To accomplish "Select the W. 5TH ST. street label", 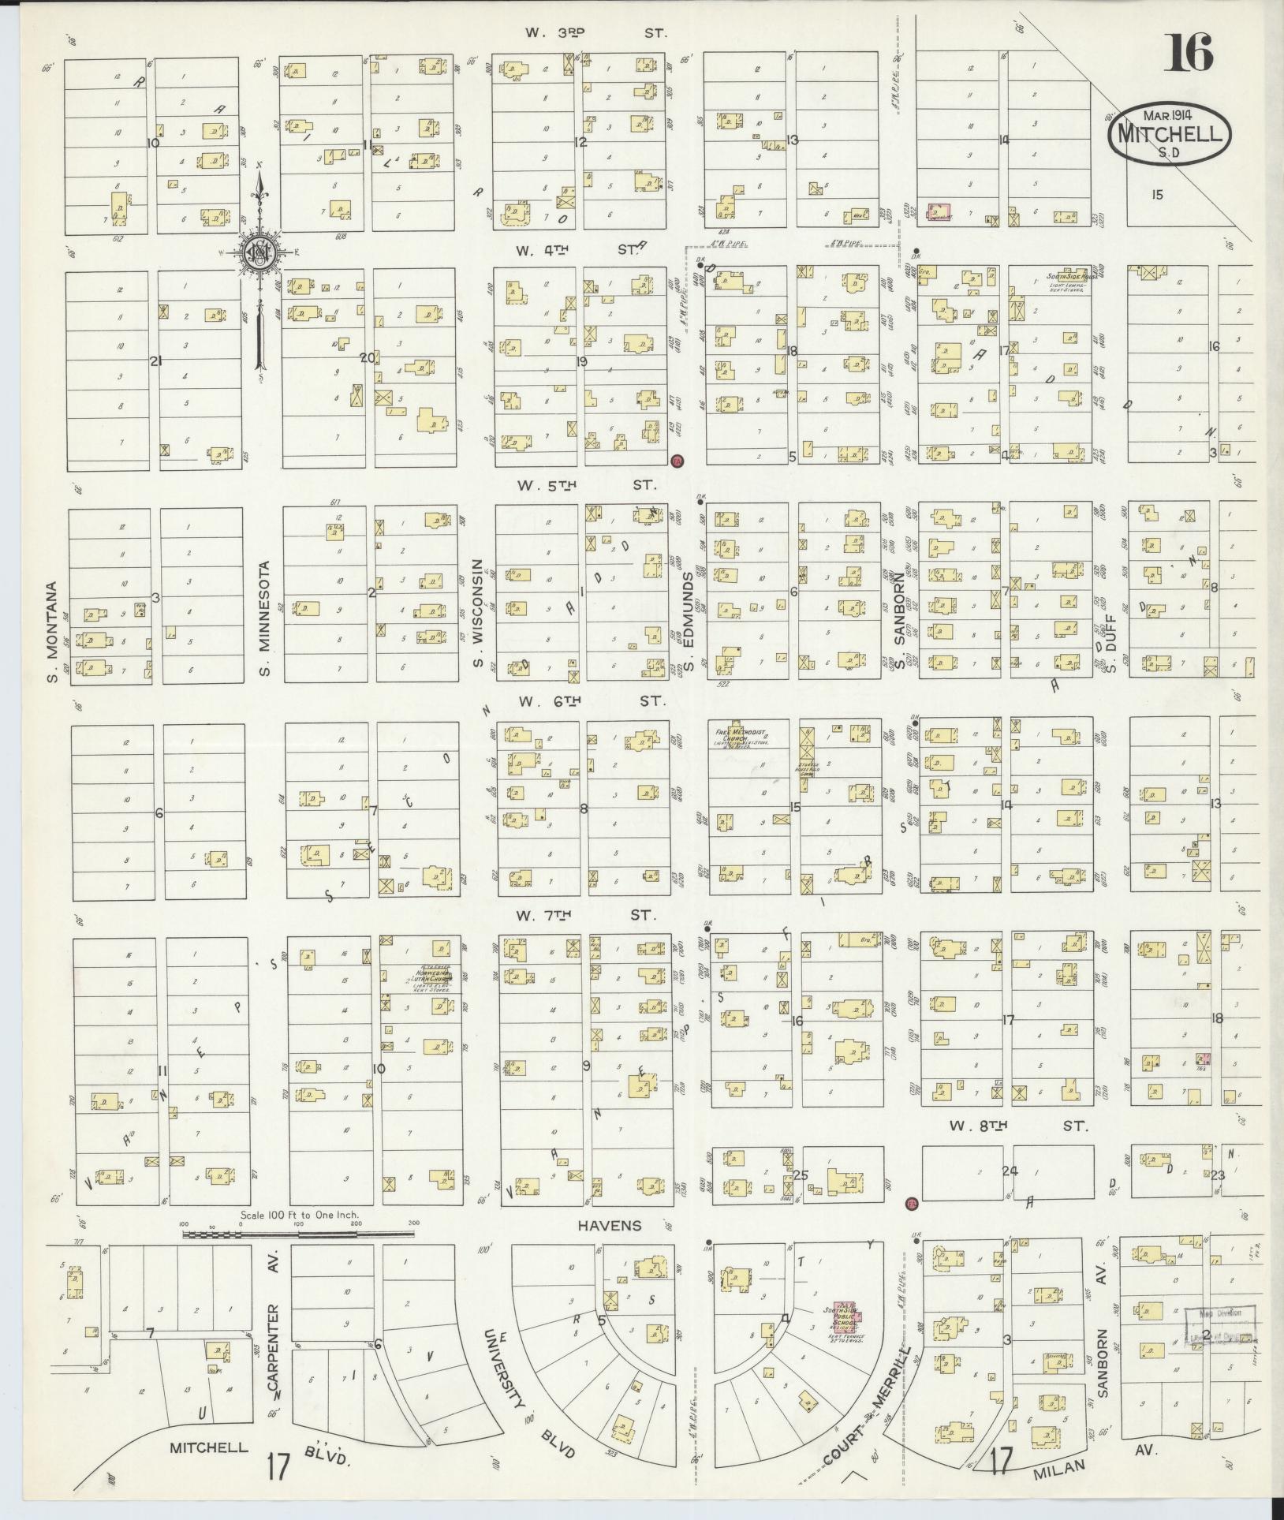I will pyautogui.click(x=589, y=485).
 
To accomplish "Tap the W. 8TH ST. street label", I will pyautogui.click(x=1018, y=1127).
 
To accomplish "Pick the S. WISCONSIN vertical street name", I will pyautogui.click(x=477, y=614).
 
